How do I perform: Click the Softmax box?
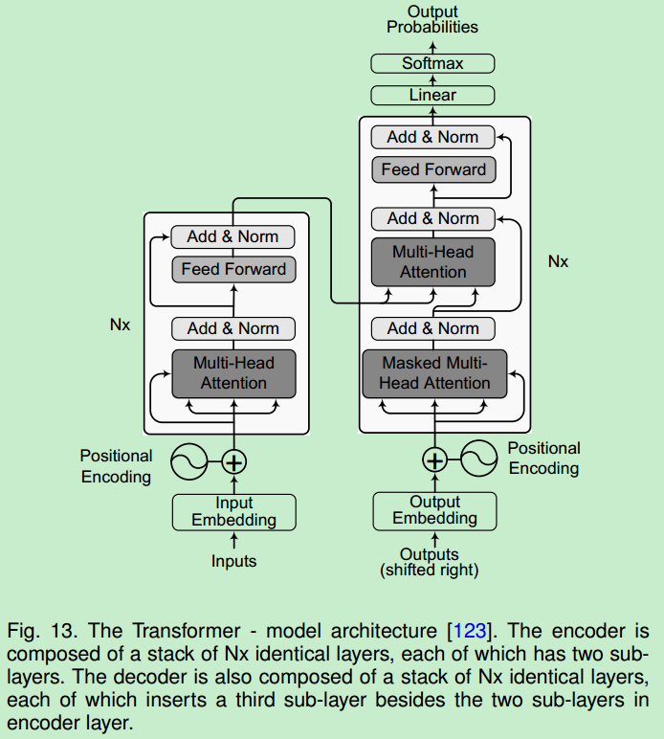click(x=432, y=64)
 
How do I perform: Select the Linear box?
click(x=432, y=95)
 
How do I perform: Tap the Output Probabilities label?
click(x=432, y=19)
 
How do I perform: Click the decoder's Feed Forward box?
click(x=433, y=169)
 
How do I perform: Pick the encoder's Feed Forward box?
click(x=233, y=269)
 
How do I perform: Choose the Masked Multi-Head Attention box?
click(x=434, y=373)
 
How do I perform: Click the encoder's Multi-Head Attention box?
click(x=233, y=373)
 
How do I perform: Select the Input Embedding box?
click(x=233, y=512)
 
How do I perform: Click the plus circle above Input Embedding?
click(x=234, y=462)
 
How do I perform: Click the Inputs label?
click(x=233, y=561)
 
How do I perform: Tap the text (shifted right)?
click(x=430, y=571)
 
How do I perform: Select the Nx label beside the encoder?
click(x=120, y=325)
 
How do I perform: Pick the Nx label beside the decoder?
click(x=558, y=260)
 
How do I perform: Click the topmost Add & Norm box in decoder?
click(x=432, y=137)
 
